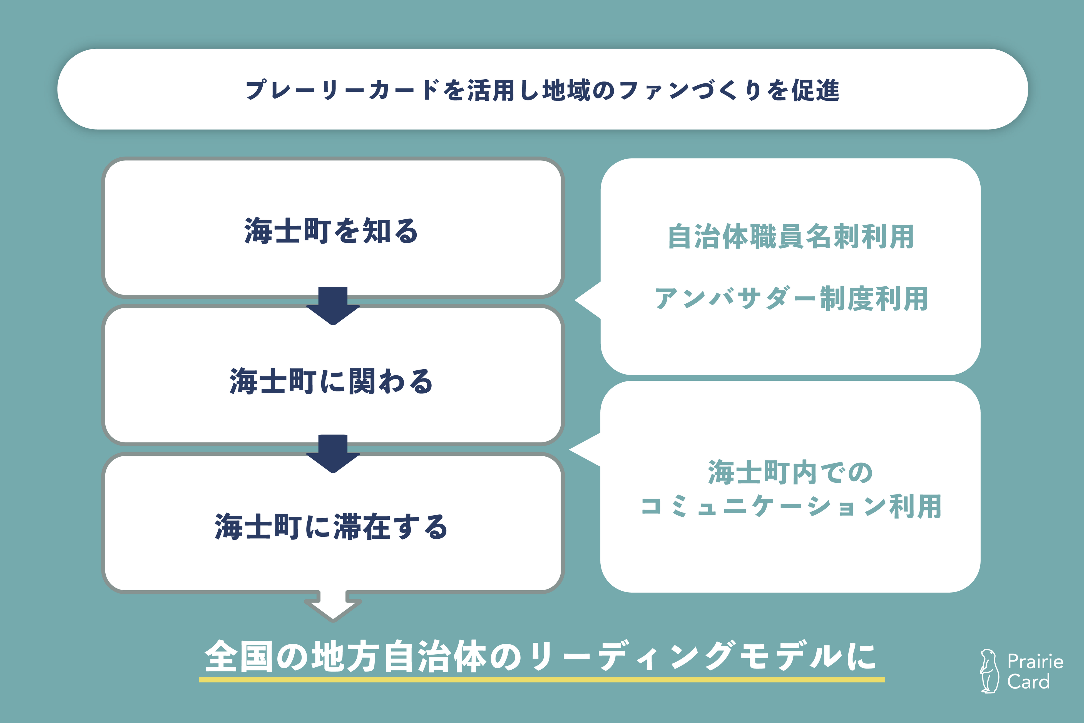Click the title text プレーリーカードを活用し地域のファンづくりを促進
(x=542, y=90)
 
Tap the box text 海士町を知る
(x=331, y=231)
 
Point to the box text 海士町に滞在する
(x=331, y=527)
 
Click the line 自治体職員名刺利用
(x=790, y=237)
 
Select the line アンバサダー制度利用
(x=790, y=298)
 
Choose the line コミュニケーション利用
(x=790, y=506)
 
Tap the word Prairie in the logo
(x=1035, y=662)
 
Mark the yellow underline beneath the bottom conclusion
(x=542, y=680)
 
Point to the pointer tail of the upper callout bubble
(x=588, y=300)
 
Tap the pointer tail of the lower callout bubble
(x=585, y=450)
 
